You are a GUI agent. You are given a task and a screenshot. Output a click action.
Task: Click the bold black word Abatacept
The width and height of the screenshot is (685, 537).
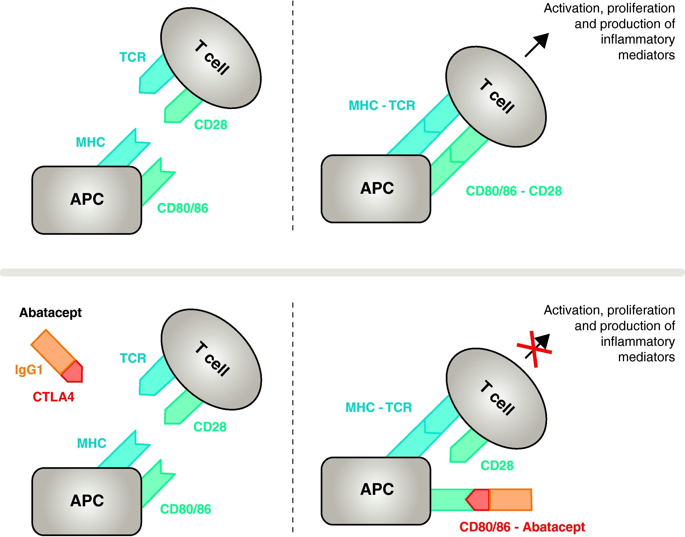(x=50, y=313)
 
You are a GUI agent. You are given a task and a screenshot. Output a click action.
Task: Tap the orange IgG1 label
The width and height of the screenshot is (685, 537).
(x=29, y=369)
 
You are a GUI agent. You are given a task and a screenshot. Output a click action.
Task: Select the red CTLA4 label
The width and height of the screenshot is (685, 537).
(x=53, y=397)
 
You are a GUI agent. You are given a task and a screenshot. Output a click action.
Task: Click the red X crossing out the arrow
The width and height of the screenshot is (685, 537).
(x=534, y=349)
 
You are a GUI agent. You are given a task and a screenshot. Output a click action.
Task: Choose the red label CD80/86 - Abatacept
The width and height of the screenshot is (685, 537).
(x=522, y=527)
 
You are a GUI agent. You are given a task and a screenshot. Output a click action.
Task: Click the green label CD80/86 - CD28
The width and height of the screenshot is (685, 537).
(x=514, y=191)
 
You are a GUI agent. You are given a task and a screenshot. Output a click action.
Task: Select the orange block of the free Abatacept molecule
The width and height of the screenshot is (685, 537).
(x=53, y=352)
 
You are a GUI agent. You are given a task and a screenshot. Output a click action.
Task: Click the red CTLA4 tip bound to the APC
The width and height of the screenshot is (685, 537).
(x=477, y=500)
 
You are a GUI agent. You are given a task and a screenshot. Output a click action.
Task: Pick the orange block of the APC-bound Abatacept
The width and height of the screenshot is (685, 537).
(x=510, y=500)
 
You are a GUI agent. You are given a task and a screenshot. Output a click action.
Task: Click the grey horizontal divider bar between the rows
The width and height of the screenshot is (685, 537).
(x=342, y=272)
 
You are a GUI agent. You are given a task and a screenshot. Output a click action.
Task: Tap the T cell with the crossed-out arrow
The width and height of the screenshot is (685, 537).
(x=496, y=398)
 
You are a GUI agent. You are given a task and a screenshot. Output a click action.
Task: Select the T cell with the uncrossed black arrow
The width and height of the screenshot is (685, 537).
(x=496, y=97)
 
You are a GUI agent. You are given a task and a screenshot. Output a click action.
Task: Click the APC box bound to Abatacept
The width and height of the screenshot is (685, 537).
(x=376, y=491)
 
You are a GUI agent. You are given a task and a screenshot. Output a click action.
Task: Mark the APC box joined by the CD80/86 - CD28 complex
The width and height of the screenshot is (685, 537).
(x=376, y=189)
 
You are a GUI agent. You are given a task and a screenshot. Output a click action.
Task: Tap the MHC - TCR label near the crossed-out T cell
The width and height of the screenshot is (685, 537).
(x=379, y=407)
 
